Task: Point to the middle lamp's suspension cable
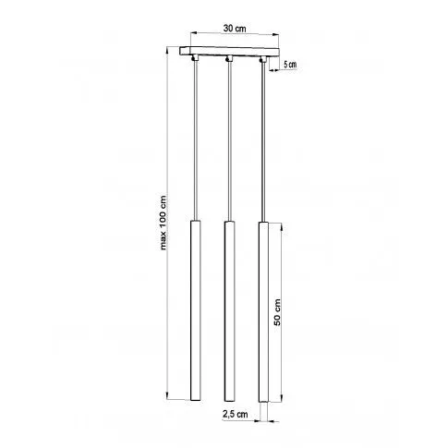pyautogui.click(x=227, y=139)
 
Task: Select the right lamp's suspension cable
pyautogui.click(x=262, y=139)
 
